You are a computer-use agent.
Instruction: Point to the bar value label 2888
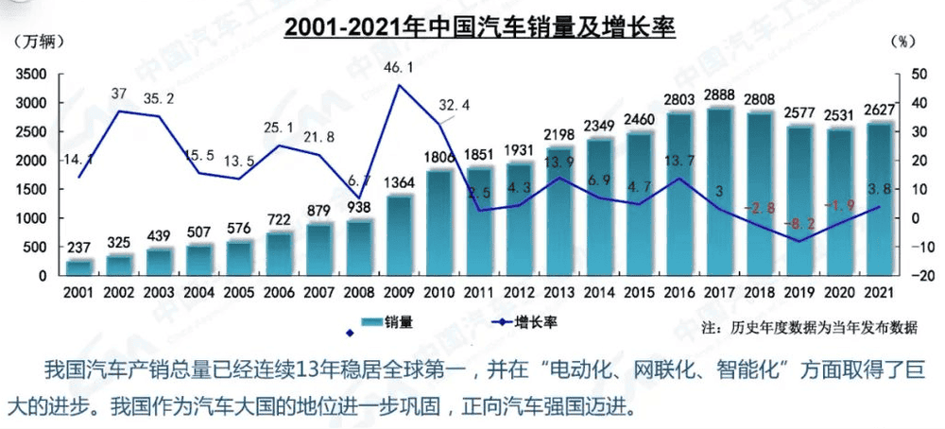coord(721,95)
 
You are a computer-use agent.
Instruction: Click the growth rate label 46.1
coord(399,68)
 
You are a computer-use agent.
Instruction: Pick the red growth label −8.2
coord(799,224)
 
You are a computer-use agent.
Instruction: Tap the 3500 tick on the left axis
coord(33,74)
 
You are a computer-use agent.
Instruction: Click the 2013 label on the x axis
coord(559,294)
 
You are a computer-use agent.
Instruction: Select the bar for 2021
coord(881,198)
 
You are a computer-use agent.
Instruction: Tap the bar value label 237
coord(79,247)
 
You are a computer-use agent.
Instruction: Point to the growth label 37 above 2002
coord(119,94)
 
